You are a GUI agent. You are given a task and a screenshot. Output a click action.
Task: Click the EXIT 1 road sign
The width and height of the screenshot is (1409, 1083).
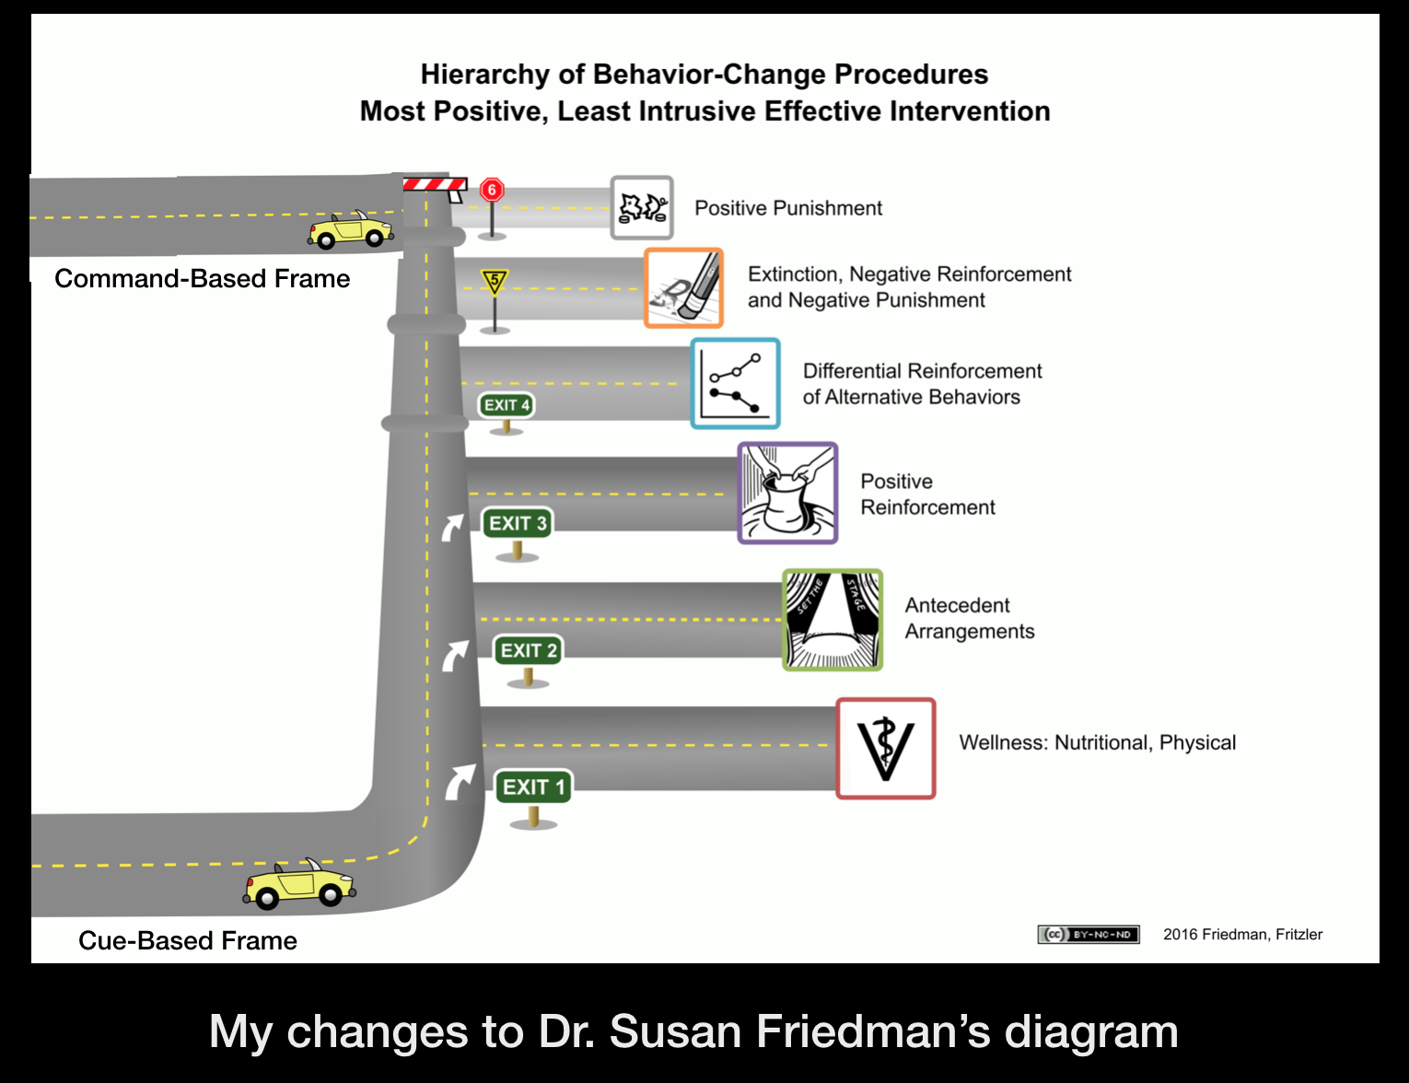pyautogui.click(x=533, y=787)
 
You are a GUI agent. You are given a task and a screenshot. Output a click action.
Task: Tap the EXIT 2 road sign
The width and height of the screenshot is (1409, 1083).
pyautogui.click(x=528, y=650)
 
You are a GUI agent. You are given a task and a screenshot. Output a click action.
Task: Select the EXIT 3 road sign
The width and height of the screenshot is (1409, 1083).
pyautogui.click(x=517, y=523)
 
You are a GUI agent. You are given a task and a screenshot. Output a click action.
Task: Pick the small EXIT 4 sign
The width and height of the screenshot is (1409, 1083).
pyautogui.click(x=506, y=405)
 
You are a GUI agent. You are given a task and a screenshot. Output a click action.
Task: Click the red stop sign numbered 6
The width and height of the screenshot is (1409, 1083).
pyautogui.click(x=492, y=191)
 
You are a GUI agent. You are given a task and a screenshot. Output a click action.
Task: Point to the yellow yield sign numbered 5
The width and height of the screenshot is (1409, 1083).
pyautogui.click(x=495, y=281)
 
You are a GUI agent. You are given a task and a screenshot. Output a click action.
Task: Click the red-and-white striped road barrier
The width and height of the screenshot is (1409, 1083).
pyautogui.click(x=435, y=185)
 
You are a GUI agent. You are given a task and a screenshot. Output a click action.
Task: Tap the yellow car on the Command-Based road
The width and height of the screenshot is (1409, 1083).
pyautogui.click(x=351, y=230)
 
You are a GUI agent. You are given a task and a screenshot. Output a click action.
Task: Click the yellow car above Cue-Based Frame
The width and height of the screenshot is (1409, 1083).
pyautogui.click(x=299, y=884)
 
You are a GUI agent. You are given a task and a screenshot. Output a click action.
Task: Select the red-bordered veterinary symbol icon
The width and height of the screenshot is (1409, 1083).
pyautogui.click(x=885, y=749)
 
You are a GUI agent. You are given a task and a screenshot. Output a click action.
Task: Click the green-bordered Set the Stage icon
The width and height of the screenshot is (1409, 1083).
pyautogui.click(x=833, y=620)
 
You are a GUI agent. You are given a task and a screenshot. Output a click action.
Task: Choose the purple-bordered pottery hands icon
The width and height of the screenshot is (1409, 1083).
pyautogui.click(x=787, y=493)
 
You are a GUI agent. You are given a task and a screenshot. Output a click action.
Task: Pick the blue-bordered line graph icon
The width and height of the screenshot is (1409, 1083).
pyautogui.click(x=735, y=383)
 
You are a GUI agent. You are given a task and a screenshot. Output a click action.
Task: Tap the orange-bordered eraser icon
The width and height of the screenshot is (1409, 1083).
pyautogui.click(x=683, y=288)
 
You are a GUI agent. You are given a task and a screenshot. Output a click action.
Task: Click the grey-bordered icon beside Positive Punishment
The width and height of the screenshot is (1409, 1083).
pyautogui.click(x=642, y=208)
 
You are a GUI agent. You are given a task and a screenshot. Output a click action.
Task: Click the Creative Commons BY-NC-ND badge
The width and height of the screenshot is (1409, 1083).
pyautogui.click(x=1088, y=935)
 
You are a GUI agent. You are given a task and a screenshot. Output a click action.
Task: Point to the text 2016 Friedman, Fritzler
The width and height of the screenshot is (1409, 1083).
pyautogui.click(x=1242, y=935)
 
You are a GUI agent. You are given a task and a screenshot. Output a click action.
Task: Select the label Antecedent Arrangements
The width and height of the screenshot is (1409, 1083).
pyautogui.click(x=969, y=618)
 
